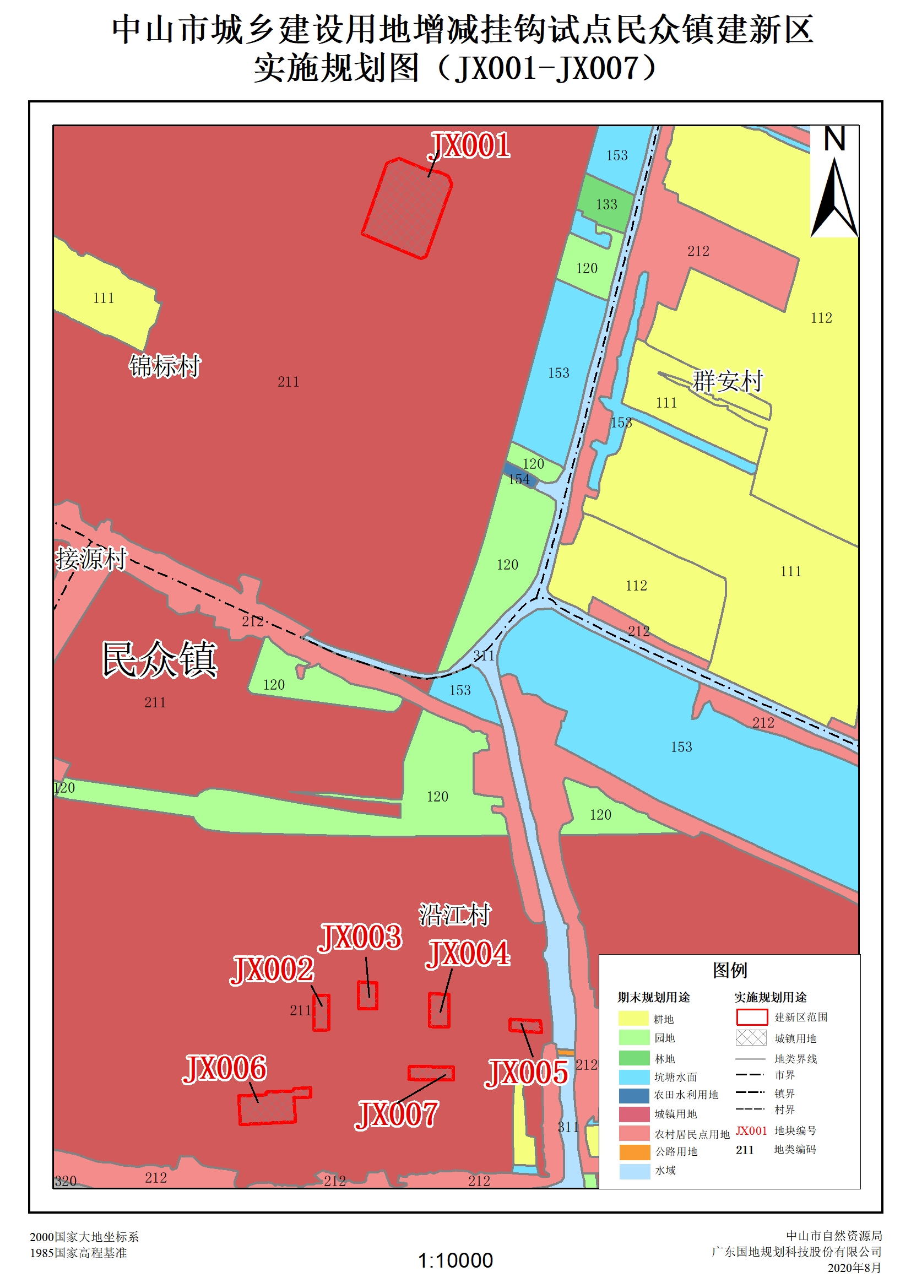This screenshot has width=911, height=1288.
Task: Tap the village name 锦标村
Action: (x=164, y=366)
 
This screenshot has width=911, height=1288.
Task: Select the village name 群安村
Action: (x=728, y=381)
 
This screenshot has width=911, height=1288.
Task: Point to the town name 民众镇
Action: (x=159, y=660)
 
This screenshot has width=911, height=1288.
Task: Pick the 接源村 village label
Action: (x=91, y=559)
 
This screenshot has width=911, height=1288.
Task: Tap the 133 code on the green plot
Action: (x=606, y=205)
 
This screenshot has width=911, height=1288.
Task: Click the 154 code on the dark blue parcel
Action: (x=519, y=480)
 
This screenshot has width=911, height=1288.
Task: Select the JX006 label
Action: (x=224, y=1068)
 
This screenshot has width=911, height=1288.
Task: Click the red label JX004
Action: (x=468, y=954)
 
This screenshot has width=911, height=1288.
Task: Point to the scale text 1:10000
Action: (x=455, y=1260)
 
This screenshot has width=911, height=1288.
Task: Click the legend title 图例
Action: (x=730, y=970)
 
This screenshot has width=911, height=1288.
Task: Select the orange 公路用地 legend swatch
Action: (x=635, y=1152)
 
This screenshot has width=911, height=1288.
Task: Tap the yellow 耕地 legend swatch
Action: (x=633, y=1019)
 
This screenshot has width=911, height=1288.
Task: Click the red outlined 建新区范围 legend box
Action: (x=751, y=1017)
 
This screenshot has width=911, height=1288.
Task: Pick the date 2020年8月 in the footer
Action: (x=854, y=1268)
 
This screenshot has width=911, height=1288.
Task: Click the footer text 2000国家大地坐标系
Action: (x=84, y=1237)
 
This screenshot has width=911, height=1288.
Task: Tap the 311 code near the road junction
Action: (x=484, y=655)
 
